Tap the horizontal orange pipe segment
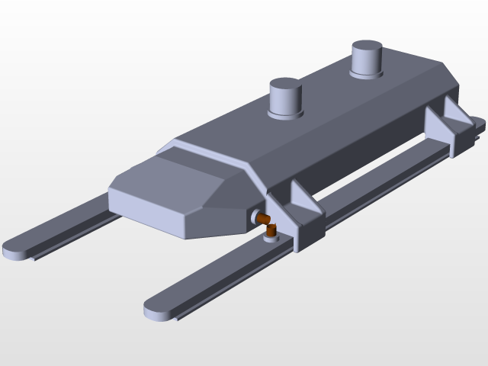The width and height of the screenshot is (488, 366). pos(262,220)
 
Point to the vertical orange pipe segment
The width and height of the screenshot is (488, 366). pos(271,230)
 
